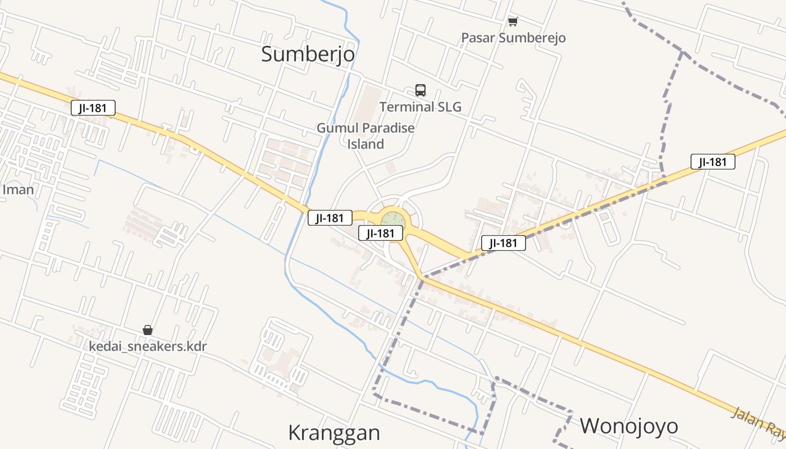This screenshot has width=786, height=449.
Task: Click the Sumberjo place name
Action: tap(308, 54)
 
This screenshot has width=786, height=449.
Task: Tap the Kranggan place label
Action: tap(334, 433)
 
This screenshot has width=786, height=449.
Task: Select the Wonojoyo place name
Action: tap(629, 426)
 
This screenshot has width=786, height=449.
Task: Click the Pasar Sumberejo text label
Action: tap(513, 38)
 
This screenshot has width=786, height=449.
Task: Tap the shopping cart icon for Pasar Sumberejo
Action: tap(513, 22)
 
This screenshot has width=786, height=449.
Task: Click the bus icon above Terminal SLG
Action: tap(421, 90)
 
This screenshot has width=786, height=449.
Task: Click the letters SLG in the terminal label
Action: tap(449, 107)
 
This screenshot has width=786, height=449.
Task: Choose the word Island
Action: tap(365, 144)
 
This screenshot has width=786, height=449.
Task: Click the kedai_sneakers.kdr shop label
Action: tap(148, 346)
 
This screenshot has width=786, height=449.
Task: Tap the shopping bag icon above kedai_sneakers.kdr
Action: tap(148, 330)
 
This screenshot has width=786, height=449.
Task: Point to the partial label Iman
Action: tap(18, 190)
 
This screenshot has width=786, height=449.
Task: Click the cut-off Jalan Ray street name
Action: tap(758, 421)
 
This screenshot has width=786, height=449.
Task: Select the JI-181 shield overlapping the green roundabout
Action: tap(381, 233)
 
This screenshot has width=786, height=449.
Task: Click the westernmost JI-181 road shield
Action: tap(93, 108)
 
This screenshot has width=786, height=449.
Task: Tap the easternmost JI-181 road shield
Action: tap(712, 162)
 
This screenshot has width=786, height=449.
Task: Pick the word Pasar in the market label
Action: tap(478, 38)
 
